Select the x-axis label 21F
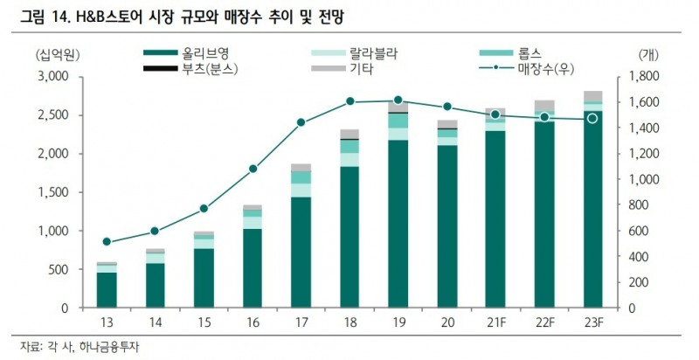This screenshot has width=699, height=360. coord(495,323)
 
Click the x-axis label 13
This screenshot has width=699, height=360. coord(107,323)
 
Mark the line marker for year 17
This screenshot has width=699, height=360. coord(301,122)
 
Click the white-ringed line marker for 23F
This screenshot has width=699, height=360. coord(592,118)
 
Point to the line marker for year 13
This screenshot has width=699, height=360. coord(107,242)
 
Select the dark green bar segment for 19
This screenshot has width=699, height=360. coord(398,224)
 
